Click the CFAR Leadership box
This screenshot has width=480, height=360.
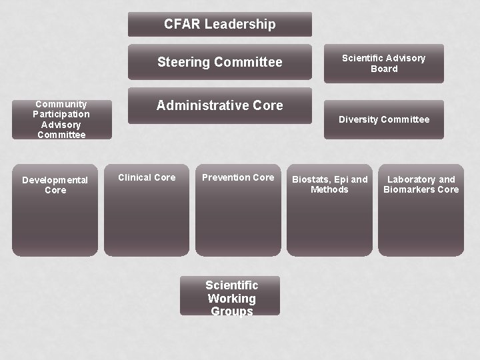219,25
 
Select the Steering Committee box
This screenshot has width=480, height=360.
219,62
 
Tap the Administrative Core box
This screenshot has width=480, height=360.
219,105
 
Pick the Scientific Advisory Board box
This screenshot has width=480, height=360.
383,63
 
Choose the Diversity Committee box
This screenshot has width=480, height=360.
383,119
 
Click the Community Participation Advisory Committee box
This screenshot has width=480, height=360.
61,119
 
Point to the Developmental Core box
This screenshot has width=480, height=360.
55,210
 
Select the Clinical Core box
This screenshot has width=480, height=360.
147,210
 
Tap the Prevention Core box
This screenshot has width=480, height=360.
238,210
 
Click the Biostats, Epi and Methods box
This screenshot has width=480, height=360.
329,210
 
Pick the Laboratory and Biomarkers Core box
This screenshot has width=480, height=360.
421,210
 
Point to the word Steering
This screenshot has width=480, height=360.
180,63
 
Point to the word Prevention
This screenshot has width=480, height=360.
226,177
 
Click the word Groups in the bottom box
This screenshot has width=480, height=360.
231,311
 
